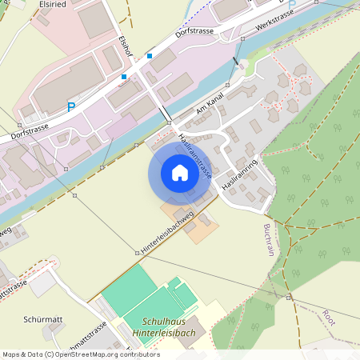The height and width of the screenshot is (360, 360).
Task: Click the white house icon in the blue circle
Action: tap(180, 172)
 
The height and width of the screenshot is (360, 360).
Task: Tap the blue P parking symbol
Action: tap(71, 106)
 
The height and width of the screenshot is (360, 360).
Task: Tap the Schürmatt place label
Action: tap(43, 320)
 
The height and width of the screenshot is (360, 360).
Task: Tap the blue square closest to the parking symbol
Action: tap(124, 77)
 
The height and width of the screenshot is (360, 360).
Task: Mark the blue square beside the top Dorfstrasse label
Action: tap(150, 56)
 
